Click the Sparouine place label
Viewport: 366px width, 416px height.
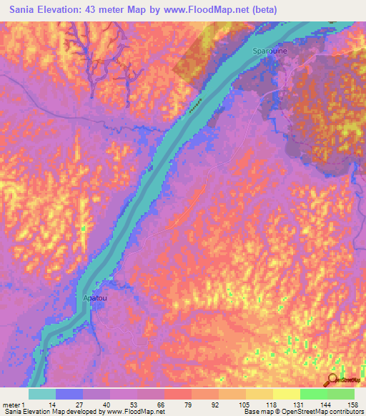pyautogui.click(x=271, y=51)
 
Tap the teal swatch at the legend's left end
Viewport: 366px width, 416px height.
pyautogui.click(x=42, y=394)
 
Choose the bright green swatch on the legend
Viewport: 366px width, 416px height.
pyautogui.click(x=314, y=394)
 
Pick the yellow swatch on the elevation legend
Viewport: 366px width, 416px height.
pyautogui.click(x=287, y=394)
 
